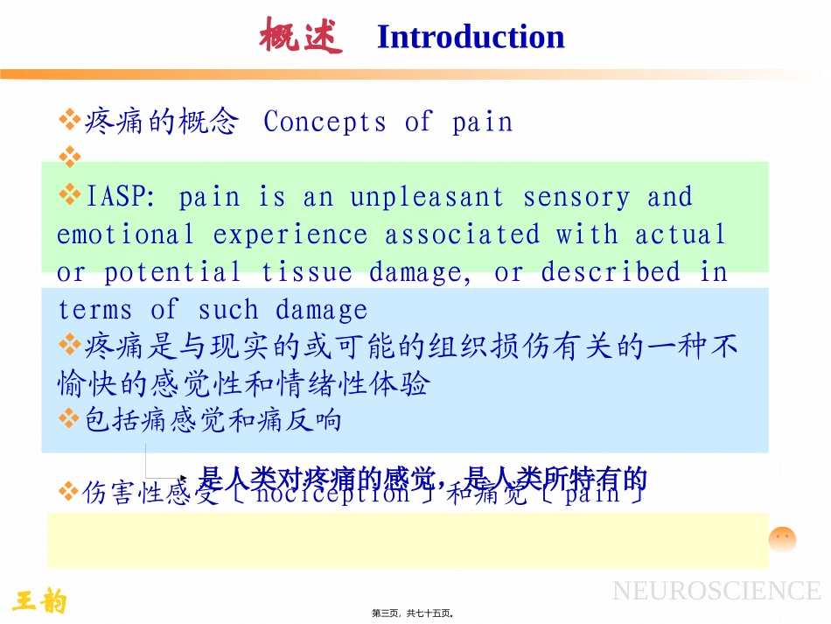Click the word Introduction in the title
click(x=470, y=38)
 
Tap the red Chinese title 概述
click(x=301, y=37)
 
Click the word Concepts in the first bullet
click(x=325, y=123)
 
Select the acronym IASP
click(x=120, y=198)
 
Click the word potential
click(x=172, y=273)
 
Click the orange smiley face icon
click(x=782, y=539)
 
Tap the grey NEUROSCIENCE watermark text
click(x=716, y=591)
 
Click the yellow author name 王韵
click(x=40, y=601)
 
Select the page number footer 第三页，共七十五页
click(x=415, y=613)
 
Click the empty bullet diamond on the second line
click(x=69, y=158)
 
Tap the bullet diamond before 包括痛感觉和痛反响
click(x=69, y=419)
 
